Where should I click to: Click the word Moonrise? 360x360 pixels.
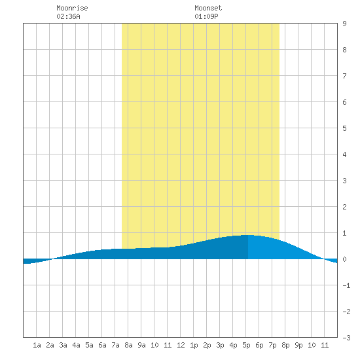(72, 8)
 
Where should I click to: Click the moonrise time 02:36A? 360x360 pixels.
(68, 16)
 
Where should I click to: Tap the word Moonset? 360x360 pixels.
(208, 8)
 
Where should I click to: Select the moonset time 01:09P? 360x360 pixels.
(206, 16)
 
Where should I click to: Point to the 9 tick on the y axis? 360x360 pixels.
(344, 24)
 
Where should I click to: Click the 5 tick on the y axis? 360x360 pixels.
(344, 128)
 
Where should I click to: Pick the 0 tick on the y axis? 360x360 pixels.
(344, 259)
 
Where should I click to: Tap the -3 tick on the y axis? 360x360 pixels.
(346, 338)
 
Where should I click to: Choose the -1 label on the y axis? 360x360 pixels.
(346, 285)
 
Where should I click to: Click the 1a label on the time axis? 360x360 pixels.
(37, 345)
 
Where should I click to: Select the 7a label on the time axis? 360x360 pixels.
(115, 345)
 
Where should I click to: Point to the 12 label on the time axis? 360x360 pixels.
(181, 345)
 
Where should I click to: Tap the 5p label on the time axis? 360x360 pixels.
(246, 345)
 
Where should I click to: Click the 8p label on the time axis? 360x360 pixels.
(285, 345)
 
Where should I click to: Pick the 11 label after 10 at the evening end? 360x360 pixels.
(325, 345)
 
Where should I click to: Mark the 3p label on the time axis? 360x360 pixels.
(220, 345)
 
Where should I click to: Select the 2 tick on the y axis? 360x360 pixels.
(344, 207)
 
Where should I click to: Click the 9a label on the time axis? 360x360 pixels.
(141, 345)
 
